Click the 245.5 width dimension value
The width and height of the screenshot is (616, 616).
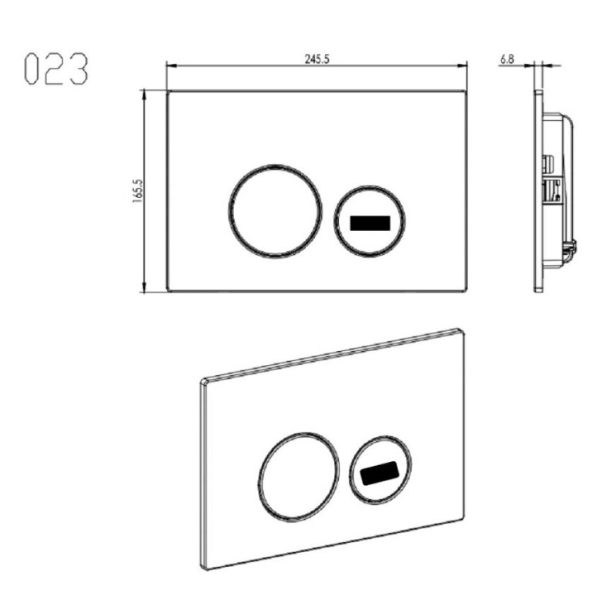[317, 59]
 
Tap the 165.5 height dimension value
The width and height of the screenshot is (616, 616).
[138, 191]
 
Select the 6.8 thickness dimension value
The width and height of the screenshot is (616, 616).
[507, 59]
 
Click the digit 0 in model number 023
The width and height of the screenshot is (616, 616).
[32, 69]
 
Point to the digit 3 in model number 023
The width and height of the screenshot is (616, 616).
[79, 69]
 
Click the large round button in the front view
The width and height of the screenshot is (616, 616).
[275, 211]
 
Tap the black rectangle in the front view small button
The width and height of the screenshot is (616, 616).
[370, 223]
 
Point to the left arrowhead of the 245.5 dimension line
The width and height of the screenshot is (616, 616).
[170, 65]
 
